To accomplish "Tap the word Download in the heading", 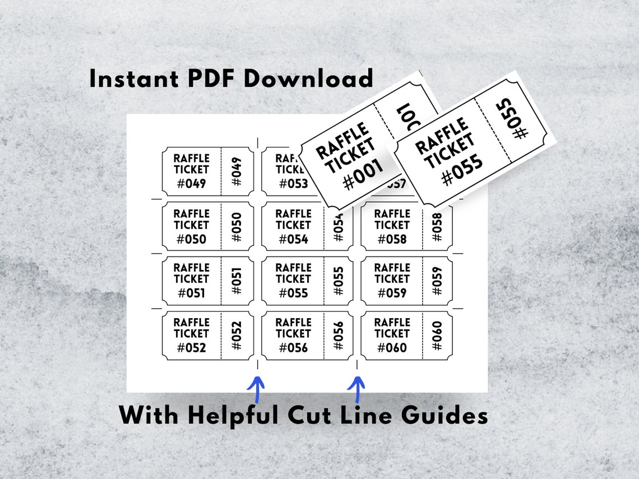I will (308, 78).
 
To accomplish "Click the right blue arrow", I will (356, 389).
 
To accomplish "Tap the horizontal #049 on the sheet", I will (191, 184).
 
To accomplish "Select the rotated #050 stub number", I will (237, 227).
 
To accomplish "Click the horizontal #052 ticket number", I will (191, 348).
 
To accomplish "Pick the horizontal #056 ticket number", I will (293, 348).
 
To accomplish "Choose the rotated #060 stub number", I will (437, 335).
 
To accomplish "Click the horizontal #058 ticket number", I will (392, 239).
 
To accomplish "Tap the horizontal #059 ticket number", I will (392, 293).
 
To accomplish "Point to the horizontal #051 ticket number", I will (191, 293).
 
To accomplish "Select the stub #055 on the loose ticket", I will (513, 119).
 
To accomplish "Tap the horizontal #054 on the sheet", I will (293, 239).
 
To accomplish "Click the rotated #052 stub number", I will (237, 335).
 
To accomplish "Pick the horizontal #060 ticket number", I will (392, 348).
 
